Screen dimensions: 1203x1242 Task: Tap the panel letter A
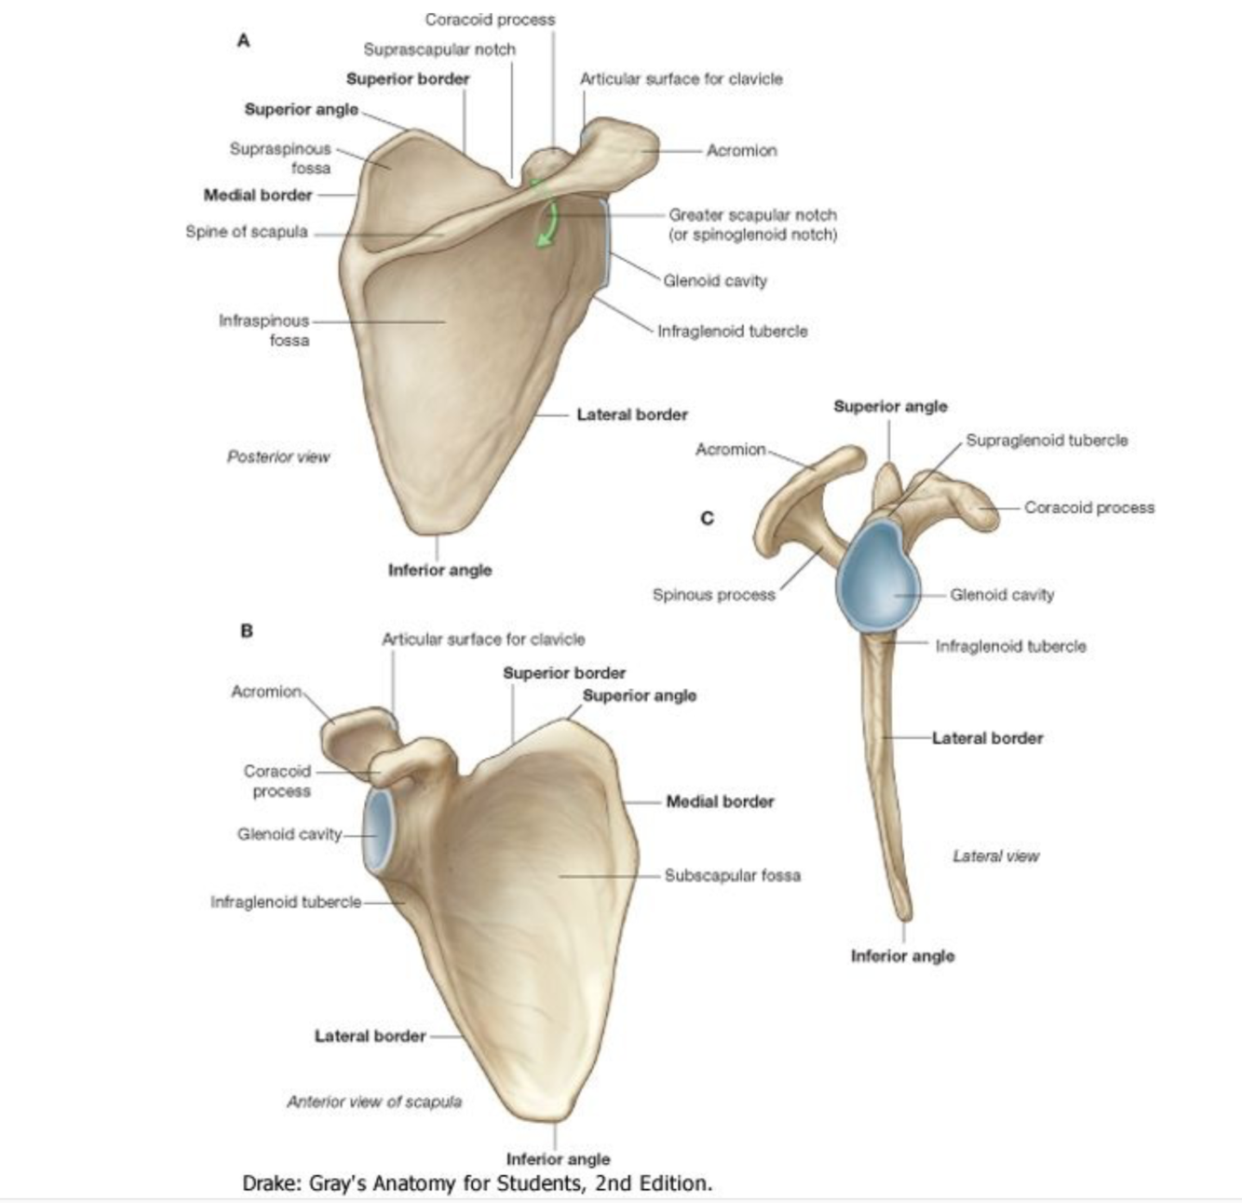[244, 41]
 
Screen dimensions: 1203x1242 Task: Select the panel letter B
[246, 630]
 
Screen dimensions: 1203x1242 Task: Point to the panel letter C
[708, 518]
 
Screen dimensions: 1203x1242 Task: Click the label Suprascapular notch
[439, 49]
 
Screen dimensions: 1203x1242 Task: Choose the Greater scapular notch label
[752, 215]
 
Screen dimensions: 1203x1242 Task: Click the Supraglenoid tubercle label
[1046, 440]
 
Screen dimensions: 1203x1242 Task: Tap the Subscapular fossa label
[732, 875]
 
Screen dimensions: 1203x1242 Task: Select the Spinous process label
[713, 595]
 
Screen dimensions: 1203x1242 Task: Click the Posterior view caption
[278, 457]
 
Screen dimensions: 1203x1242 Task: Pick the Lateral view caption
[995, 856]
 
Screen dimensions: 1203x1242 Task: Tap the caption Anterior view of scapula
[374, 1102]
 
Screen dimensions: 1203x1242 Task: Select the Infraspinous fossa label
[264, 331]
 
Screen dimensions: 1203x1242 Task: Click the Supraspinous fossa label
[281, 158]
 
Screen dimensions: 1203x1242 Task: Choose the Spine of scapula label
[247, 232]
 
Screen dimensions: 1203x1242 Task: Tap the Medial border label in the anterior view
[720, 802]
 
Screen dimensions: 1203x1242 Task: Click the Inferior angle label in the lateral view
[902, 956]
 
